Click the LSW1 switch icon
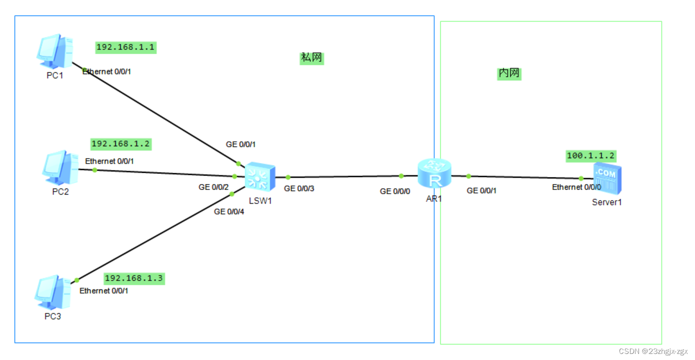[x=260, y=176]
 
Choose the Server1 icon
[x=607, y=179]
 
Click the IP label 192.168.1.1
[x=125, y=47]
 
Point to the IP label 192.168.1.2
[x=120, y=144]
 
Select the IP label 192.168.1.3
[x=134, y=278]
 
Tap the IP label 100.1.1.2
[x=590, y=155]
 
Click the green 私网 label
[x=311, y=58]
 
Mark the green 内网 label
[x=509, y=73]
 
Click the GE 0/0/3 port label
[x=299, y=189]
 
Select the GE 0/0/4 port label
[x=229, y=212]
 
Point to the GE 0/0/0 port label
[x=395, y=191]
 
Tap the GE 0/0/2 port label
[x=213, y=187]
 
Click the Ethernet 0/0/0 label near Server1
[x=576, y=187]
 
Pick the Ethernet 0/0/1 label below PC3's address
[x=104, y=291]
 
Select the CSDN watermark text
[x=653, y=351]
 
